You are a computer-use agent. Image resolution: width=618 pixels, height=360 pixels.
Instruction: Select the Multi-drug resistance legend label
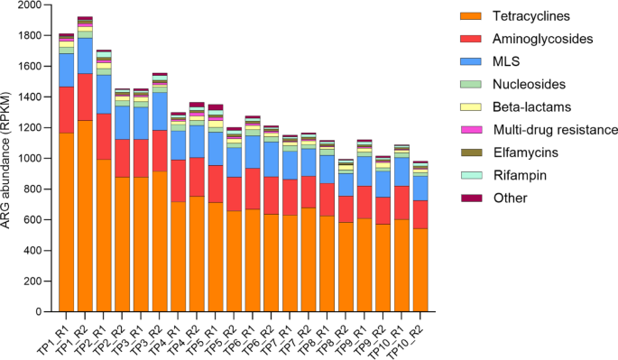tap(555, 130)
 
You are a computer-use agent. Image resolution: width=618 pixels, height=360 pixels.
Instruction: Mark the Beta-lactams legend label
tap(532, 107)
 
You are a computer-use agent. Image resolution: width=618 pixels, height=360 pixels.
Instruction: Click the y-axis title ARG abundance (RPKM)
tap(8, 159)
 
